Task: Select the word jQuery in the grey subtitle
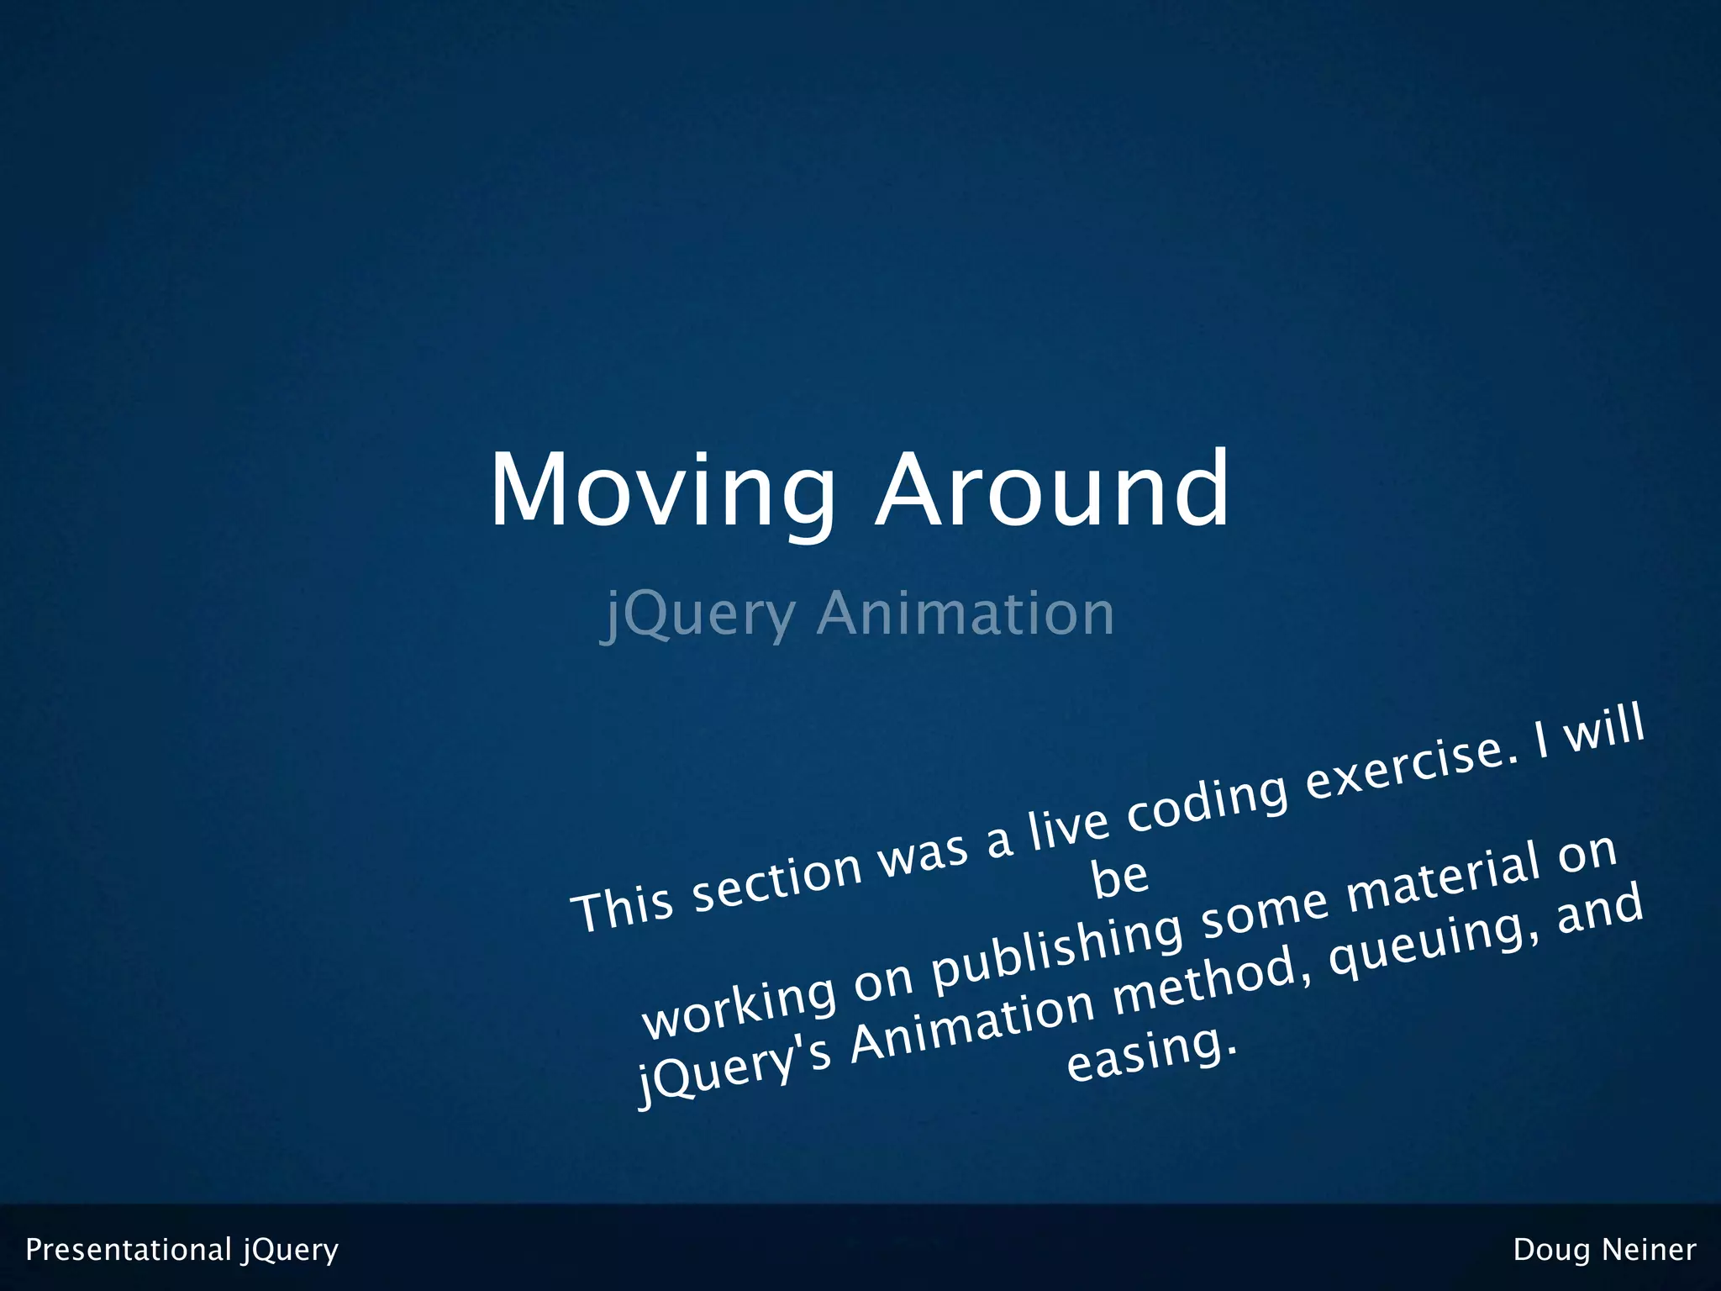pyautogui.click(x=698, y=615)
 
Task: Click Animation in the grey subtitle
pyautogui.click(x=966, y=614)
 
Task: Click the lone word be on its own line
pyautogui.click(x=1119, y=878)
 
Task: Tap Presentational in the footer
pyautogui.click(x=128, y=1250)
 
